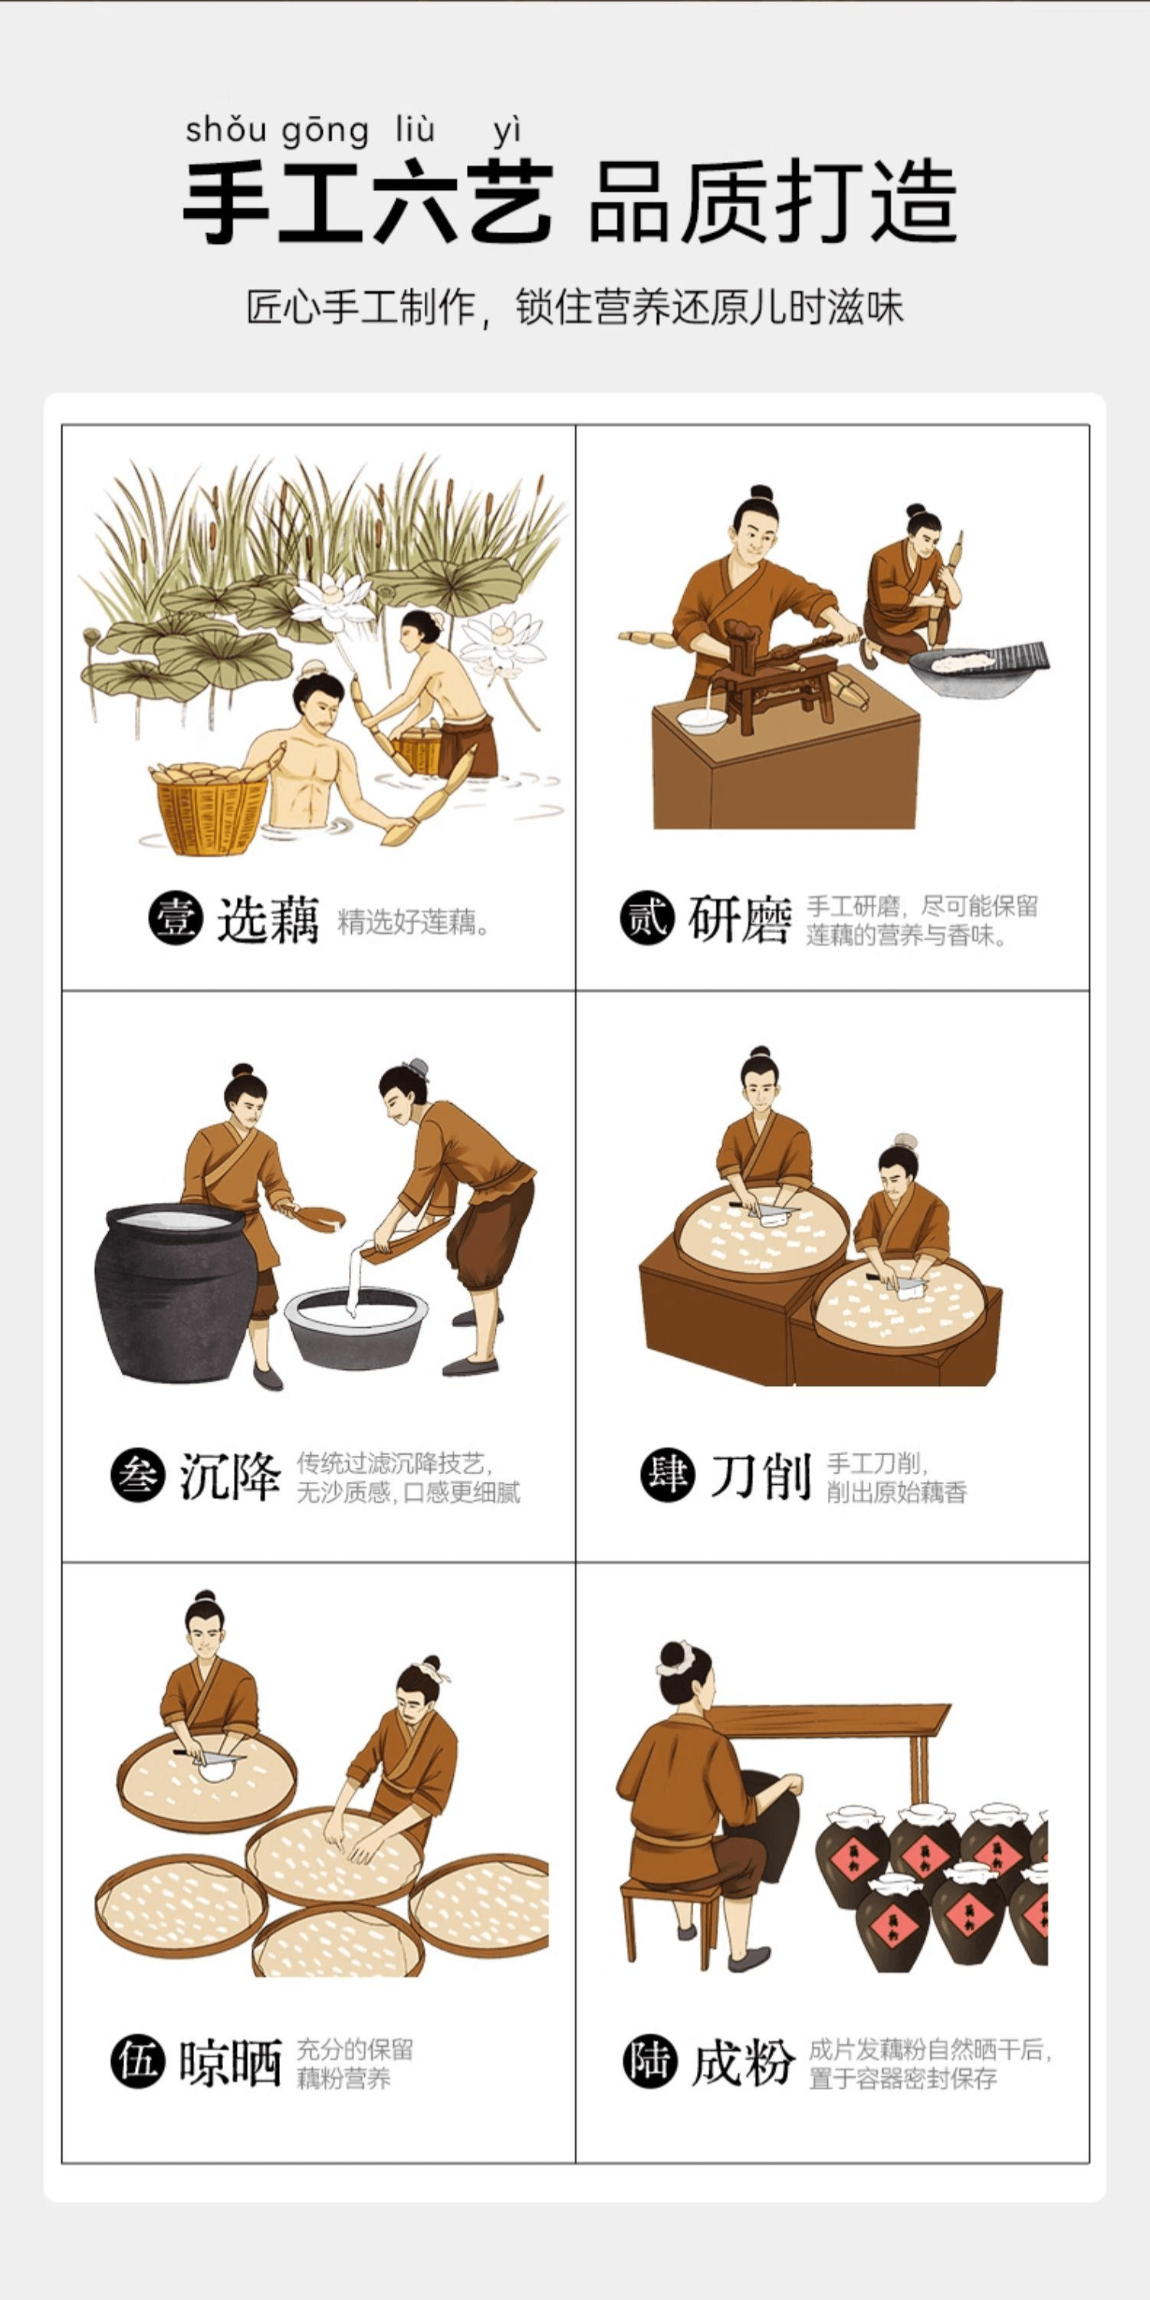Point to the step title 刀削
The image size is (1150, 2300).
[760, 1476]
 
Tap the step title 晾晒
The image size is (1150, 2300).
[230, 2062]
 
